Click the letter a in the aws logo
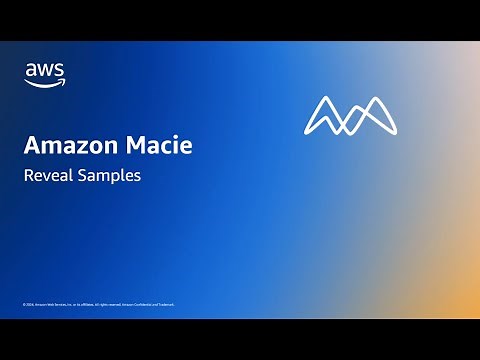pos(31,70)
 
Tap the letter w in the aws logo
pos(44,70)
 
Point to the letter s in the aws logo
pos(58,70)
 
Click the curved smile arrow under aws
pos(45,83)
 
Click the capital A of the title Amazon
pos(31,146)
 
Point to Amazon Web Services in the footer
pos(57,303)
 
